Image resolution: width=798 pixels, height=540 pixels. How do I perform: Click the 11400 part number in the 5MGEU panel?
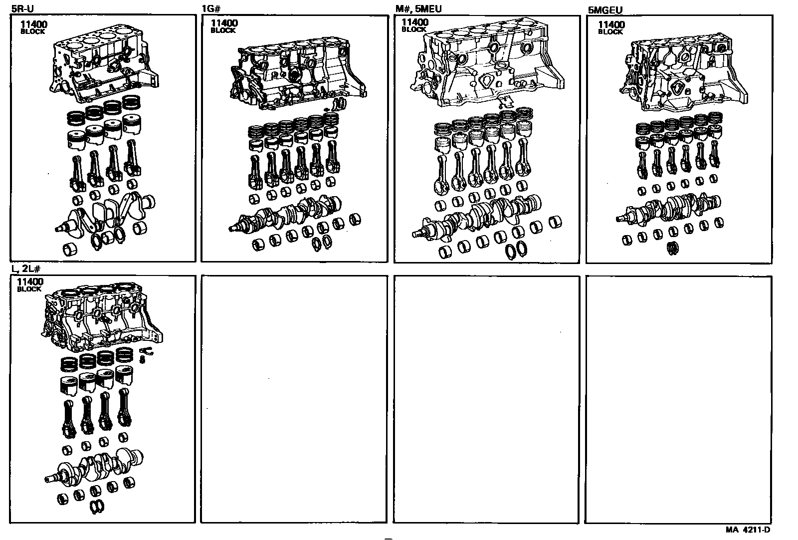pyautogui.click(x=611, y=24)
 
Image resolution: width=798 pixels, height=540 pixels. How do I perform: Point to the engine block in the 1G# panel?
pyautogui.click(x=299, y=75)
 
